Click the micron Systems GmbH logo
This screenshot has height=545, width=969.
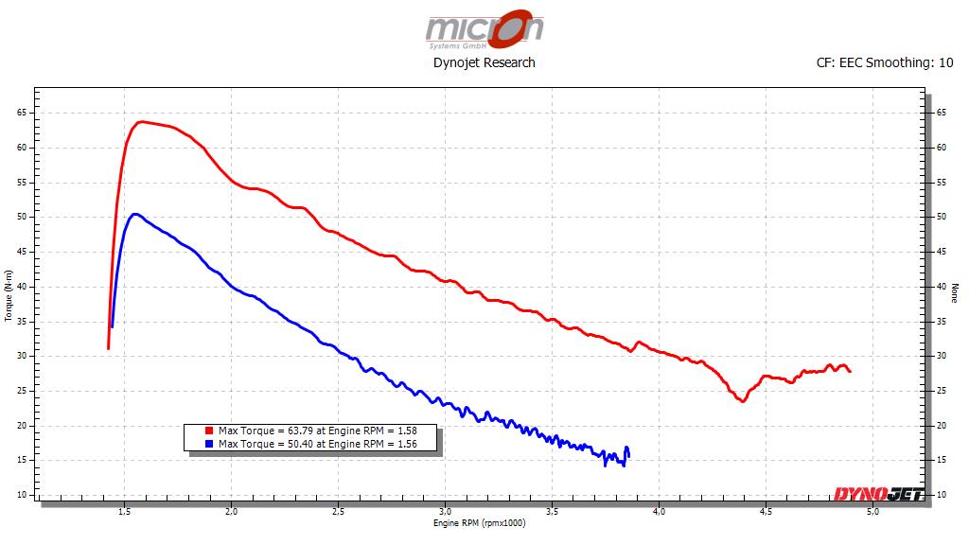click(484, 28)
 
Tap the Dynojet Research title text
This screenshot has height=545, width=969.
click(484, 62)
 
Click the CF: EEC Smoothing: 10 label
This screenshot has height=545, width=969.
click(885, 62)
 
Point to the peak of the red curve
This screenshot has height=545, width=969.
click(140, 121)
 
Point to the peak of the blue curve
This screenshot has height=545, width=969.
click(135, 214)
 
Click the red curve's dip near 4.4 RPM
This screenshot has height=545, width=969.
click(743, 401)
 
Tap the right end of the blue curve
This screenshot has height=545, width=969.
click(628, 456)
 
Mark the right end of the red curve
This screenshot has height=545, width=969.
click(850, 371)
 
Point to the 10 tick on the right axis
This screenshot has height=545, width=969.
click(942, 495)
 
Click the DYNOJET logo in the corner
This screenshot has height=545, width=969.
click(878, 493)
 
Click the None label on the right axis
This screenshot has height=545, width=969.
click(955, 294)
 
